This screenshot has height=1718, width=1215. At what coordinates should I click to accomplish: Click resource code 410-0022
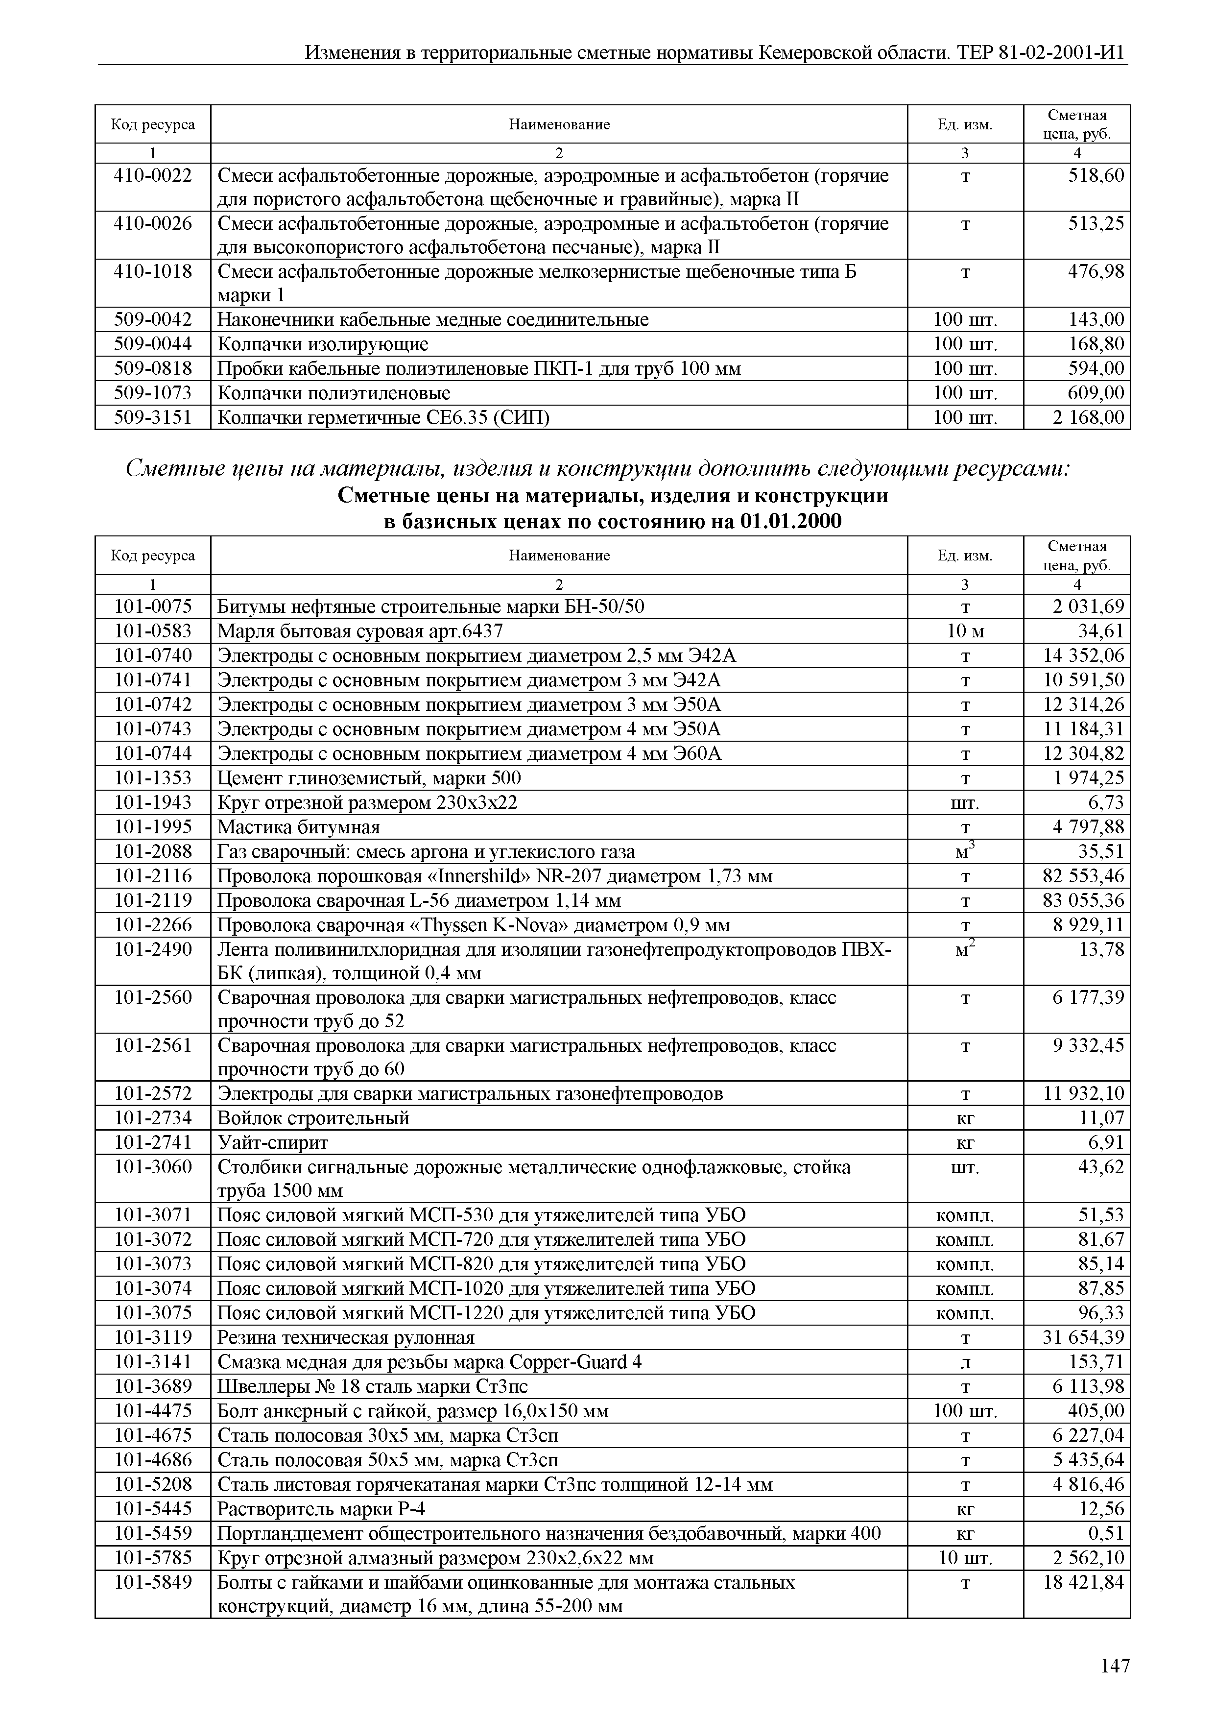click(x=153, y=176)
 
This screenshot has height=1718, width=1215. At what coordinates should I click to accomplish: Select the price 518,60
click(x=1096, y=176)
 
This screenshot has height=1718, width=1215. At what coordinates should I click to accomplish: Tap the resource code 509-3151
click(x=153, y=417)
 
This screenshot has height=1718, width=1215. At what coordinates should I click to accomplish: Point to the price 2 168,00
click(x=1089, y=417)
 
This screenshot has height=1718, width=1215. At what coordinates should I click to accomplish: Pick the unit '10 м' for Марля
click(x=965, y=631)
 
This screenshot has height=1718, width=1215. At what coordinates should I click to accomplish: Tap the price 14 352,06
click(x=1084, y=655)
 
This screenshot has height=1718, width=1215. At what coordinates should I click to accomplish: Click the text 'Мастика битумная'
click(x=299, y=827)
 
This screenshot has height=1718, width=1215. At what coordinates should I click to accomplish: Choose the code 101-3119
click(x=153, y=1337)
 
